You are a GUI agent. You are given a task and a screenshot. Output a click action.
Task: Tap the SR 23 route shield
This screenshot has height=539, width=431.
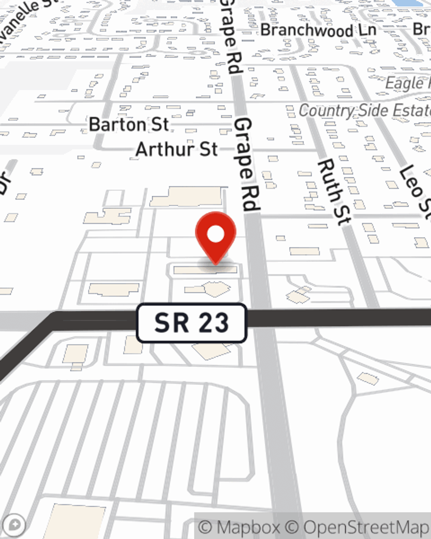pyautogui.click(x=191, y=323)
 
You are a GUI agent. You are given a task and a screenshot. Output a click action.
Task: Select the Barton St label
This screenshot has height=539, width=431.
pyautogui.click(x=128, y=125)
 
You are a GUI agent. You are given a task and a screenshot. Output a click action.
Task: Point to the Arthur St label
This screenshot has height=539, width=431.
pyautogui.click(x=177, y=150)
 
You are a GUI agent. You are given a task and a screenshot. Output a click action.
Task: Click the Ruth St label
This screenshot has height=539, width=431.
pyautogui.click(x=334, y=191)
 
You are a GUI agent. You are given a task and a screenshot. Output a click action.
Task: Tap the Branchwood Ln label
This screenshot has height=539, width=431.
pyautogui.click(x=318, y=30)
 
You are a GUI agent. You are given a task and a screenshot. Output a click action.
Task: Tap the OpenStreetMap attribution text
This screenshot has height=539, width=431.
pyautogui.click(x=366, y=527)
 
